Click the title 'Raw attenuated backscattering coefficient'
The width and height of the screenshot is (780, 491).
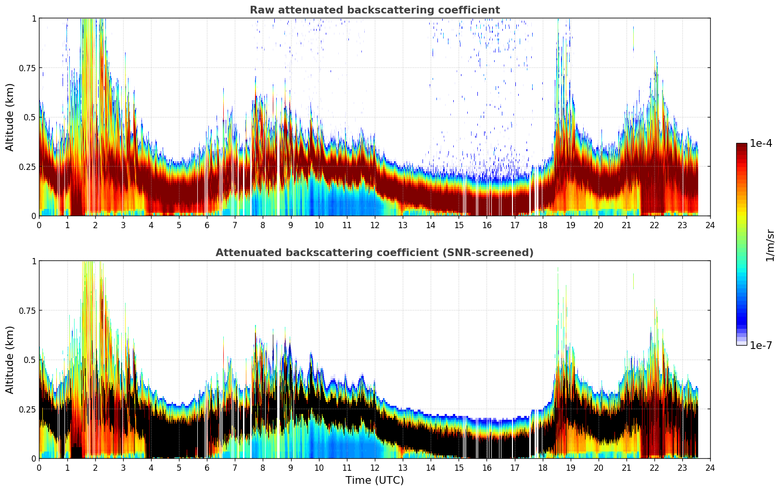click(x=374, y=10)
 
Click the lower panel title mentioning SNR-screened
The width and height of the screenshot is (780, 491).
click(x=374, y=253)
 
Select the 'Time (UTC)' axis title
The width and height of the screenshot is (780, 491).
click(x=374, y=480)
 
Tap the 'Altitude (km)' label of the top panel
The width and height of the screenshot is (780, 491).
click(x=10, y=117)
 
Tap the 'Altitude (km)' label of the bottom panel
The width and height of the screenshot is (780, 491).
click(x=10, y=360)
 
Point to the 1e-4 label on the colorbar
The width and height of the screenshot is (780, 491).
click(x=761, y=143)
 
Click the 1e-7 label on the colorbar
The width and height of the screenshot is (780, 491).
click(x=761, y=345)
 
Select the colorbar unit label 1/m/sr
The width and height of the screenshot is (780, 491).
click(x=769, y=245)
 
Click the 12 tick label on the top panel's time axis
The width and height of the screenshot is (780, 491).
click(x=375, y=225)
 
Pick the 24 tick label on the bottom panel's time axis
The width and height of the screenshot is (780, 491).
click(x=710, y=467)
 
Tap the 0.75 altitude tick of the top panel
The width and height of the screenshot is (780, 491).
click(x=27, y=68)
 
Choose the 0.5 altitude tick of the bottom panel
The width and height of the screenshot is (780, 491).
click(x=30, y=360)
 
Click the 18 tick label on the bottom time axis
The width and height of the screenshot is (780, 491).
click(x=542, y=467)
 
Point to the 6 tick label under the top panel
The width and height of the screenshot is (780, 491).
click(x=207, y=225)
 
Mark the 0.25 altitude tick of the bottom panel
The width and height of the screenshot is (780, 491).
click(x=27, y=409)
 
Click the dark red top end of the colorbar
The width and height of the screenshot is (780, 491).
click(x=742, y=145)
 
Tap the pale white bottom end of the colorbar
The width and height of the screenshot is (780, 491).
click(x=742, y=343)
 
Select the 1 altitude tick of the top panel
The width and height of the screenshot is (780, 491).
click(x=33, y=18)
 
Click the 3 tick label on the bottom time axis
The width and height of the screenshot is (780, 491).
click(x=123, y=467)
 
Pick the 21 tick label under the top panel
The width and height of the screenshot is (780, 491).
click(x=627, y=225)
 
